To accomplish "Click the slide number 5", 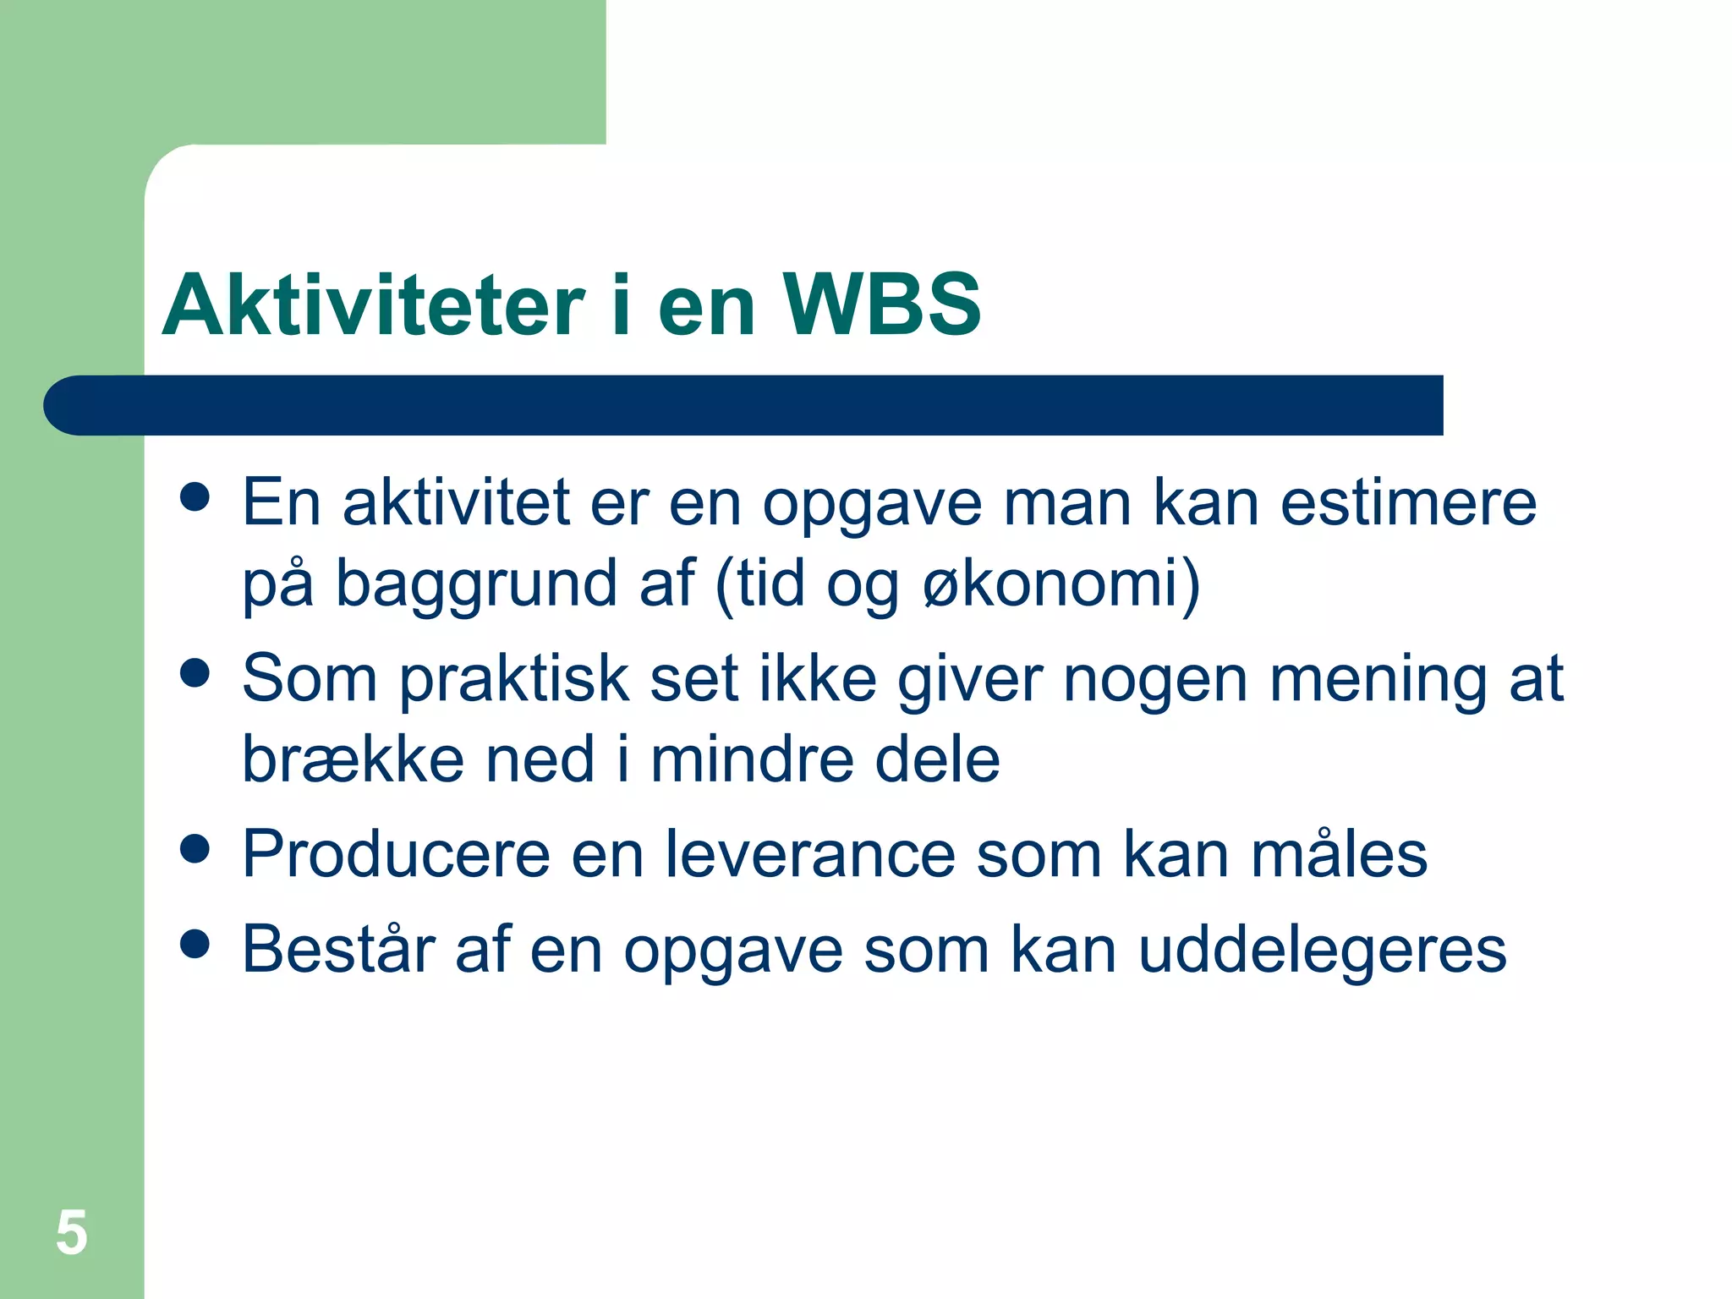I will click(x=72, y=1232).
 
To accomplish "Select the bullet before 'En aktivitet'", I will click(x=195, y=497).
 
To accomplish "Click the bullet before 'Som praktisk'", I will click(x=195, y=674).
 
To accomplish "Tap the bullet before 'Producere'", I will click(x=195, y=849).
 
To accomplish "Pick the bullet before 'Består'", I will click(x=195, y=945).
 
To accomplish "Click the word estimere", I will click(x=1408, y=502).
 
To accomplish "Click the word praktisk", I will click(x=514, y=680).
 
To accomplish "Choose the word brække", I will click(x=353, y=759).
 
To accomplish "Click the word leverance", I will click(x=810, y=854).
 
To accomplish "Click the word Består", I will click(x=338, y=949).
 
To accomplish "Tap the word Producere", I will click(x=396, y=854).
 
